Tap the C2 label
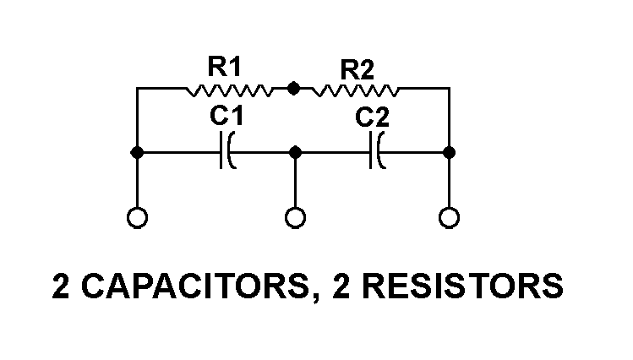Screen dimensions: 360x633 (372, 117)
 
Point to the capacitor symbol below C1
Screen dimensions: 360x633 (226, 152)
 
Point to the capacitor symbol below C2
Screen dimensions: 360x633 (377, 152)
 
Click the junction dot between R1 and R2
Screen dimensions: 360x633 (293, 87)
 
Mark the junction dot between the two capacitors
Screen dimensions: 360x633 (295, 152)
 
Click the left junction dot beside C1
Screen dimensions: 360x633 (137, 152)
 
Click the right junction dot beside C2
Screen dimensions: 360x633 (450, 152)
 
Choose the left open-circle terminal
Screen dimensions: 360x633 (137, 218)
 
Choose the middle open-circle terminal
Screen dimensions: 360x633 (295, 218)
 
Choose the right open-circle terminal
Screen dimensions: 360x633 (450, 218)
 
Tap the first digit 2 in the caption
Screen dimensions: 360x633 (62, 286)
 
